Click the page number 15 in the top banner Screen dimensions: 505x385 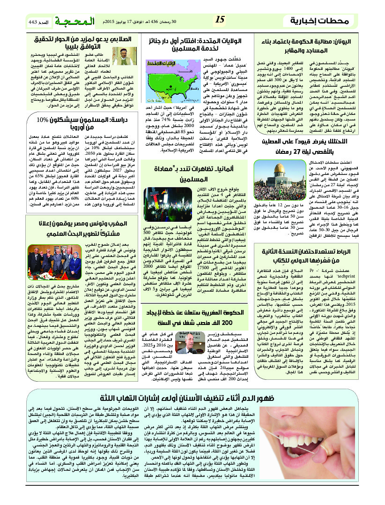click(220, 20)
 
